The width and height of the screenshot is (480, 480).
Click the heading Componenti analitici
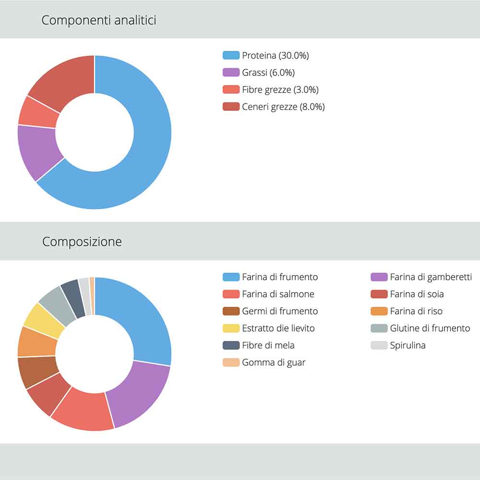click(98, 21)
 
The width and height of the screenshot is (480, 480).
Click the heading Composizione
click(82, 241)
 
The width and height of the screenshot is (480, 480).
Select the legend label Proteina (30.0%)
click(275, 56)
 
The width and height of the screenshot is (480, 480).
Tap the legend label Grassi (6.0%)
click(268, 72)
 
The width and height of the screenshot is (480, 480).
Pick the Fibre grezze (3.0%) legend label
click(280, 90)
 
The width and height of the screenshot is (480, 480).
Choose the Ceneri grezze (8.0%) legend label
click(283, 107)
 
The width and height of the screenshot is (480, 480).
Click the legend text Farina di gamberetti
click(431, 277)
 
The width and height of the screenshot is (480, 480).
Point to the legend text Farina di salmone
click(278, 294)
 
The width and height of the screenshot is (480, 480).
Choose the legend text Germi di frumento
click(280, 311)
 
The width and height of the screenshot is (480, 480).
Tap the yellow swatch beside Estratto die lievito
click(231, 328)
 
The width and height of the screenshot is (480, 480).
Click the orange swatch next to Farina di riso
click(379, 311)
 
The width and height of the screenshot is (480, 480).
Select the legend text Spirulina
click(408, 346)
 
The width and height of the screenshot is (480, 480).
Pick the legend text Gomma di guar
click(274, 362)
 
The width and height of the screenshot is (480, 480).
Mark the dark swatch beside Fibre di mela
click(231, 346)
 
